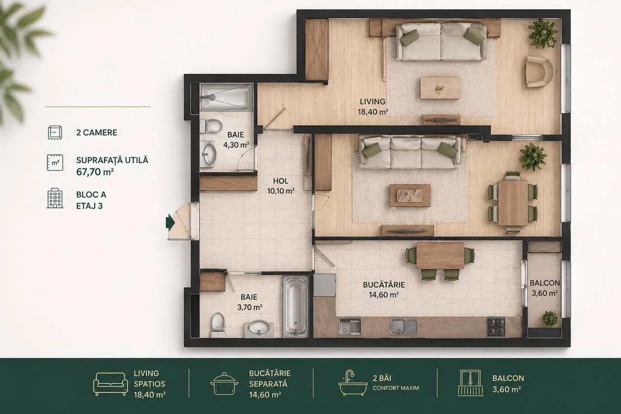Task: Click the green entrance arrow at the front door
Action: [170, 222]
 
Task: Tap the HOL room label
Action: [280, 181]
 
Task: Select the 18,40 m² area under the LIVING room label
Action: [373, 112]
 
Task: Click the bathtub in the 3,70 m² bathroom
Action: [296, 306]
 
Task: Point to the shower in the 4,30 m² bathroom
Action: [227, 97]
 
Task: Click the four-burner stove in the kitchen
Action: [496, 327]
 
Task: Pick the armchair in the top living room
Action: [540, 72]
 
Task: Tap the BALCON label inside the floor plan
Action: [545, 283]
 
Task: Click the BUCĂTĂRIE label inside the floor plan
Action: [384, 285]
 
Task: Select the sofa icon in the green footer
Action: [110, 383]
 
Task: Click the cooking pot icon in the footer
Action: [224, 383]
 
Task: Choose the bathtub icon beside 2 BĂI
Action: [353, 382]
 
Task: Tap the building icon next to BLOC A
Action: [55, 198]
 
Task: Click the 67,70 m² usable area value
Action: [95, 172]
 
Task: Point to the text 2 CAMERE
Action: [97, 132]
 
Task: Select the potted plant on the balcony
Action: [550, 318]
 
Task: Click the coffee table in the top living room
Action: [440, 88]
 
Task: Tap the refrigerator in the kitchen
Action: [325, 285]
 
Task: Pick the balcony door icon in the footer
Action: [470, 382]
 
